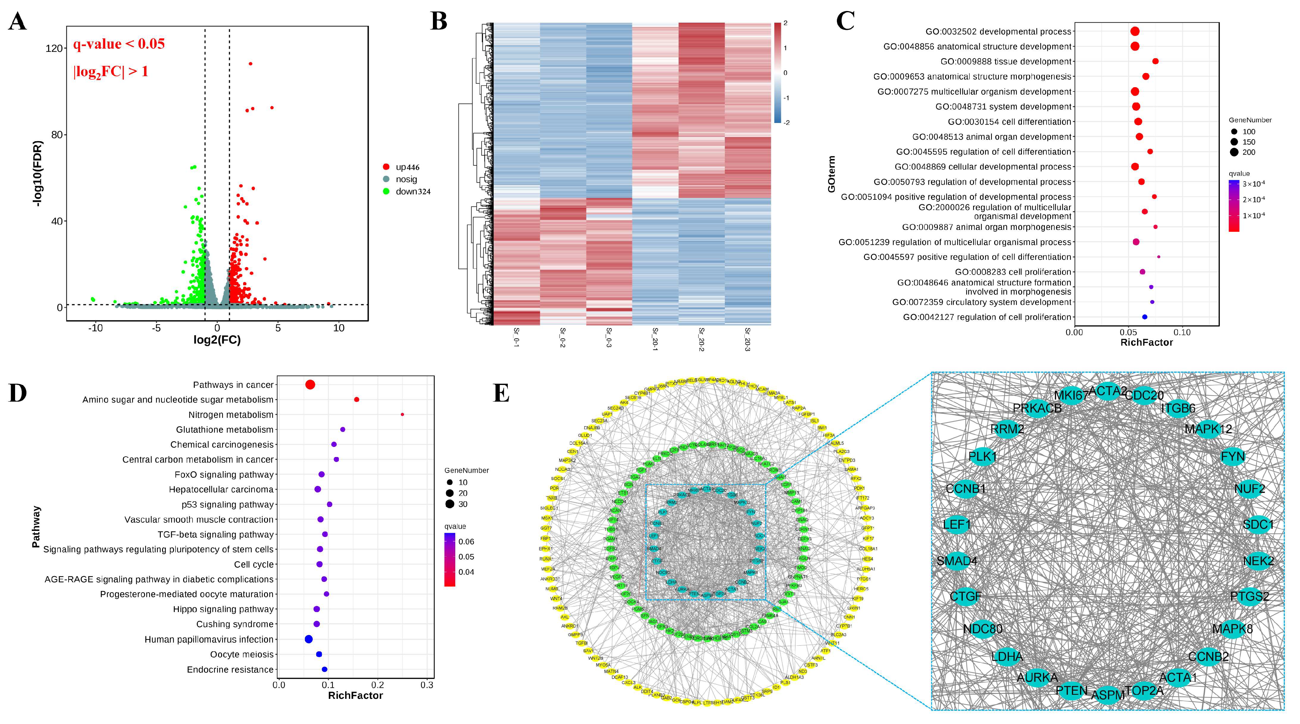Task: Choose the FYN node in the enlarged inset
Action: click(x=1232, y=457)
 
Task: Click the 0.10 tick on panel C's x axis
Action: click(x=1182, y=332)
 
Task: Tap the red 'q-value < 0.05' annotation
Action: click(x=119, y=44)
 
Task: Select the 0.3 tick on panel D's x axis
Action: click(x=427, y=685)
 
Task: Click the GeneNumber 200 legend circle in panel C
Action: click(x=1234, y=152)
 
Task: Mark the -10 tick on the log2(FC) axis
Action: click(x=95, y=328)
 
